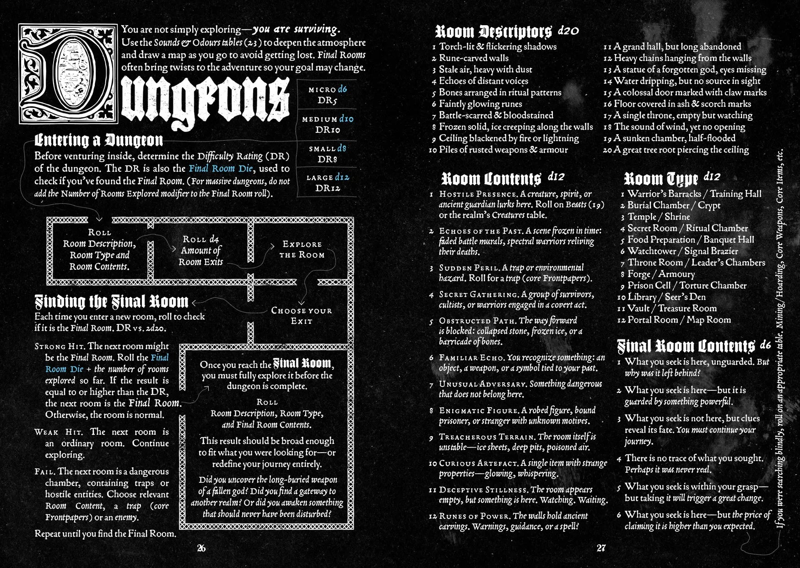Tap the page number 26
pos(201,548)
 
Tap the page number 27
pos(601,548)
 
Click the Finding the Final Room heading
pos(112,301)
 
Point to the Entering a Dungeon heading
pos(98,140)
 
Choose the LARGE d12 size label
pos(328,177)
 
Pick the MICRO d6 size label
pos(328,89)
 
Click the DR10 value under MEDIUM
pos(328,130)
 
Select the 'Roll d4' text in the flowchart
pos(200,239)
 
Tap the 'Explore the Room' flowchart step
pos(302,250)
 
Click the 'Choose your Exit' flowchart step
pos(302,316)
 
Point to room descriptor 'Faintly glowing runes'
pos(480,104)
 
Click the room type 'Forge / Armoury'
pos(661,274)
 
